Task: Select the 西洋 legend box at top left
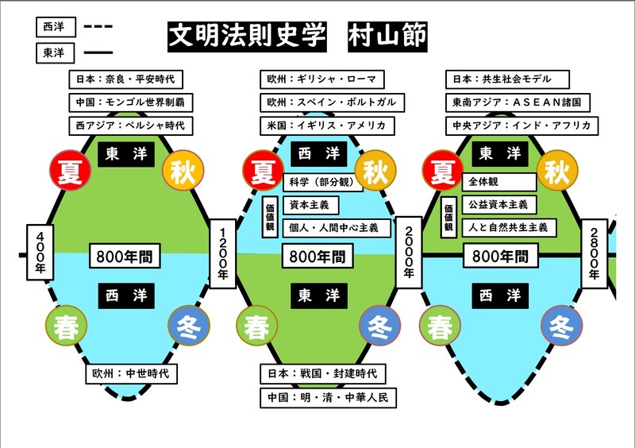click(x=56, y=26)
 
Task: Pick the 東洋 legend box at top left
click(x=56, y=54)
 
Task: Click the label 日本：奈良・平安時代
click(x=126, y=79)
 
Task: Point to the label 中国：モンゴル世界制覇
click(x=131, y=102)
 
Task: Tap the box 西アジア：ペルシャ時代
click(x=131, y=126)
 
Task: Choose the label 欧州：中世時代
click(x=132, y=373)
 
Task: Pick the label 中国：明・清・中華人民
click(x=328, y=397)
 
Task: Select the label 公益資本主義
click(x=499, y=205)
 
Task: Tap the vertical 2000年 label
click(x=408, y=250)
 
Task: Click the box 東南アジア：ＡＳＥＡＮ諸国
click(x=518, y=102)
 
